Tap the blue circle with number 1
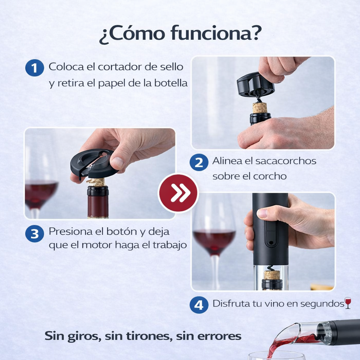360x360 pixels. [34, 68]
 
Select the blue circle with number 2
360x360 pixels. [199, 162]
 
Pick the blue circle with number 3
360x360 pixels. [34, 234]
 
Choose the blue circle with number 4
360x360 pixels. [199, 305]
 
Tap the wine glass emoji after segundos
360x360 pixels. [348, 303]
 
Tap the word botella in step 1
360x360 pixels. [169, 84]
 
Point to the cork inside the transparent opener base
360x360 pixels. [271, 275]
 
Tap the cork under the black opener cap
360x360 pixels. [260, 108]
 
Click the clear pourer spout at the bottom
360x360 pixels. [299, 332]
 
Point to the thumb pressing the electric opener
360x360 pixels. [267, 213]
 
